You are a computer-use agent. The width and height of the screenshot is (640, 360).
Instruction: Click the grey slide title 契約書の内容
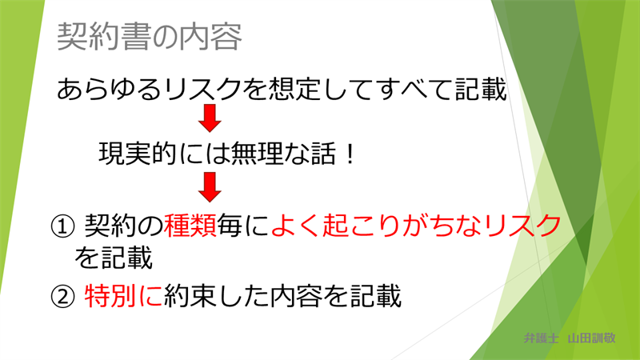150,37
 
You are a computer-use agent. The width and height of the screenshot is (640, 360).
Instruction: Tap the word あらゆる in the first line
109,90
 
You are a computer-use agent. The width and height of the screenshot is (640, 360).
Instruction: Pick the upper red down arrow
210,118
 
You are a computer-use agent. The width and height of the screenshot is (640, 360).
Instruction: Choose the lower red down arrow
210,187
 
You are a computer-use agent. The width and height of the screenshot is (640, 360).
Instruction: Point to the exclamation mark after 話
350,154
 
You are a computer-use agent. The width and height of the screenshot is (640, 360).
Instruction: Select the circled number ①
63,226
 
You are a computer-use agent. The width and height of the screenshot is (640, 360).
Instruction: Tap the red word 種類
190,226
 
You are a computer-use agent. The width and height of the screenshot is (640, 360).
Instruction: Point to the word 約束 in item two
190,296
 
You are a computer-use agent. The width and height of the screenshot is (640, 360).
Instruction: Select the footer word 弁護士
541,338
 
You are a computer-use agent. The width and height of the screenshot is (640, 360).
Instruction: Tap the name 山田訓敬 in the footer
591,338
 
